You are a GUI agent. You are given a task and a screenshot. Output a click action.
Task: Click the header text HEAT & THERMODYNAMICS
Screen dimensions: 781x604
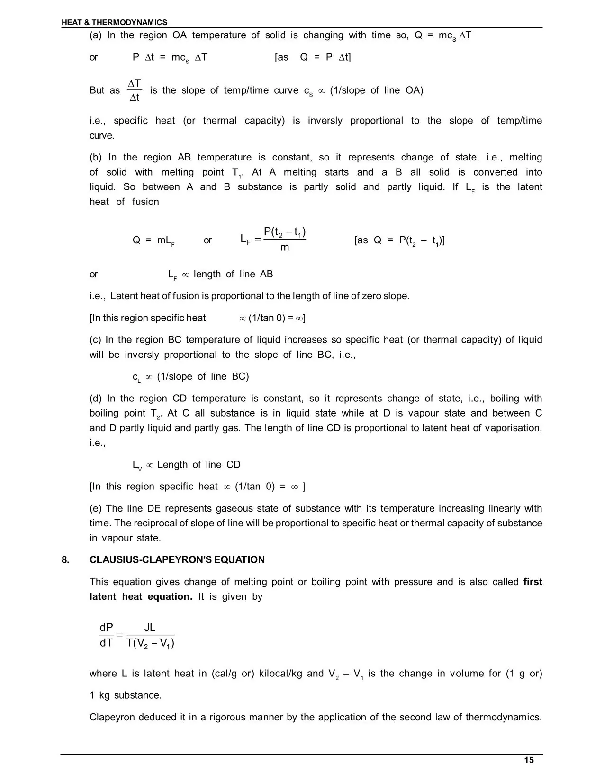coord(114,22)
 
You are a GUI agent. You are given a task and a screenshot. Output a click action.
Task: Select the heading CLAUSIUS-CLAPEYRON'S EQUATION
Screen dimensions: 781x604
coord(177,560)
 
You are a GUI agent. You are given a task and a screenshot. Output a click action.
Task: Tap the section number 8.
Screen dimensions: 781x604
coord(65,560)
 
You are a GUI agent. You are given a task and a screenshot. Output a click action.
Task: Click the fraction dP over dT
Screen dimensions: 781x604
coord(106,635)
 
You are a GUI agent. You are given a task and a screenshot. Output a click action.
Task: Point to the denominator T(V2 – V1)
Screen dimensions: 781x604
coord(150,643)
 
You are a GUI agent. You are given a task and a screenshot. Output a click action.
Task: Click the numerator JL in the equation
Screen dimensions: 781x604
coord(149,628)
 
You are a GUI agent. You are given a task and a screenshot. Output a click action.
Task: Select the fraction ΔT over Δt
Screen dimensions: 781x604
coord(135,90)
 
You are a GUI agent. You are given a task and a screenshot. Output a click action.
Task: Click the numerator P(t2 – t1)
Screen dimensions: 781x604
coord(284,232)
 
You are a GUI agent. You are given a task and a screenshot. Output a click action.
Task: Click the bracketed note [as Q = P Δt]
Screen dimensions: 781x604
coord(313,57)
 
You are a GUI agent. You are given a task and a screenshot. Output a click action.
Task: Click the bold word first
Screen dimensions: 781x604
coord(532,582)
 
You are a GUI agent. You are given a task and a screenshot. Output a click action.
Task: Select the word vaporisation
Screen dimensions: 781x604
coord(513,428)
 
